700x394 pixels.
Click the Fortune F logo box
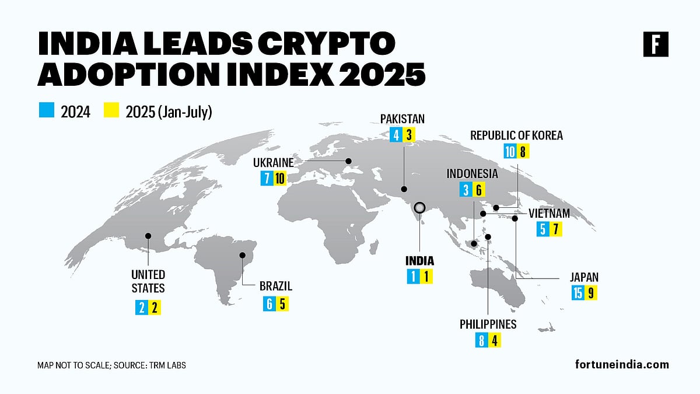click(x=656, y=45)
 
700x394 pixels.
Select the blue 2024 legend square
click(x=46, y=110)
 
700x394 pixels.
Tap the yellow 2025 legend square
click(x=111, y=110)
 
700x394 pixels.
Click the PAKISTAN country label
click(x=402, y=119)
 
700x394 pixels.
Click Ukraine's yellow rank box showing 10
click(x=279, y=178)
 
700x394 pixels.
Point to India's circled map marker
click(x=419, y=208)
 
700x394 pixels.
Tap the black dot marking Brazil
click(x=243, y=255)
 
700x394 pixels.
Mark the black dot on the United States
click(x=148, y=236)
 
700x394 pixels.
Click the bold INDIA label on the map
click(x=419, y=261)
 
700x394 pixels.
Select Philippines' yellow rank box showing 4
click(x=494, y=340)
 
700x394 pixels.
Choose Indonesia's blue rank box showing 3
click(x=465, y=190)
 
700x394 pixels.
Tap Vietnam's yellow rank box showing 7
click(x=556, y=229)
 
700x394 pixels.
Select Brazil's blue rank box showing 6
click(x=269, y=304)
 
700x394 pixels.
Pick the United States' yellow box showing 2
click(x=155, y=308)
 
